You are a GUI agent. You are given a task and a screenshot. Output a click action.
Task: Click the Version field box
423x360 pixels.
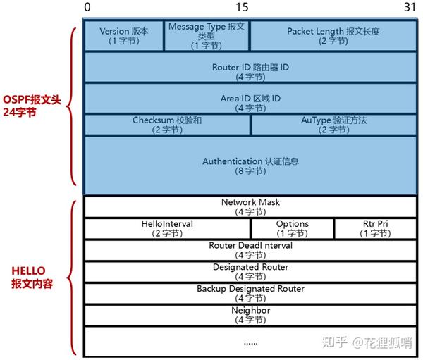coord(124,36)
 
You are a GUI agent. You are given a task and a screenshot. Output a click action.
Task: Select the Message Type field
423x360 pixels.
coord(207,36)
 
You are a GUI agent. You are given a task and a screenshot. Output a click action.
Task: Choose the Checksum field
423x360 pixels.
coord(167,125)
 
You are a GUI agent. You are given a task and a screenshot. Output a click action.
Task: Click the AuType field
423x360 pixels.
coord(333,125)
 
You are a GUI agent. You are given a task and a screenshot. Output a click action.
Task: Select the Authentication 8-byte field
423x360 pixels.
coord(250,166)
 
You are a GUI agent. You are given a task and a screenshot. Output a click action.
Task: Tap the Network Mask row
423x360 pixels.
coord(250,206)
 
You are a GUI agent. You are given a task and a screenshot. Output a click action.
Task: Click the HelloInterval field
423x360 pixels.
coord(167,228)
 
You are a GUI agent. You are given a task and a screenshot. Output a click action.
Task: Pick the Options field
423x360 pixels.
coord(292,228)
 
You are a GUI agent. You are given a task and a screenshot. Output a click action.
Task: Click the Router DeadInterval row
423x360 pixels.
coord(250,250)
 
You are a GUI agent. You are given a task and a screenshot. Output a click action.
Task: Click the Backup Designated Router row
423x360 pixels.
coord(250,294)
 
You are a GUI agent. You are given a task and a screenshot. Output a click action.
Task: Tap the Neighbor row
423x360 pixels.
coord(250,315)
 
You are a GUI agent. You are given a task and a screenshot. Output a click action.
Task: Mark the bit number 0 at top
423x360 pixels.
coord(87,7)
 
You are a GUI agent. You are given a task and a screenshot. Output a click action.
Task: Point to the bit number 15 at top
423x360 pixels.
coord(242,7)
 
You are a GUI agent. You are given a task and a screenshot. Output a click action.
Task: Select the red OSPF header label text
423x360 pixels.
coord(37,106)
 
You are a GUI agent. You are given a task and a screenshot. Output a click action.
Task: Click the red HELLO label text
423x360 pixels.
coord(31,276)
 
